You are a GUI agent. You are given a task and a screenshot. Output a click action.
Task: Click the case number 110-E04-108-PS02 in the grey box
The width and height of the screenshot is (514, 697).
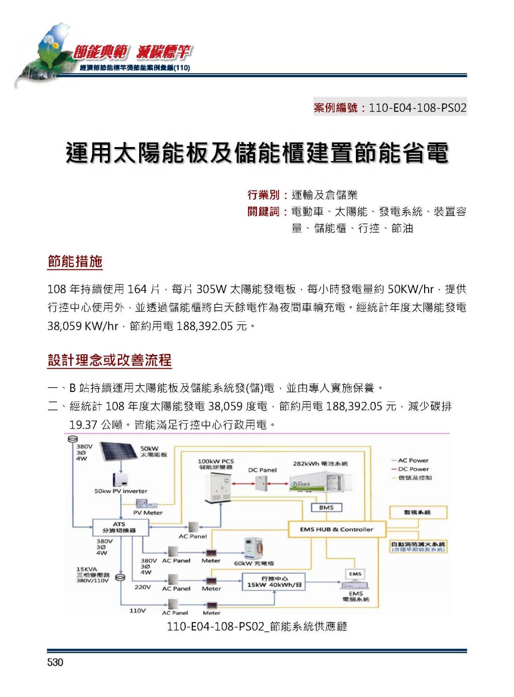pyautogui.click(x=418, y=108)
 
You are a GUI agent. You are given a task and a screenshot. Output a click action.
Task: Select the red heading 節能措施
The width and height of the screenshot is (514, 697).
pyautogui.click(x=75, y=261)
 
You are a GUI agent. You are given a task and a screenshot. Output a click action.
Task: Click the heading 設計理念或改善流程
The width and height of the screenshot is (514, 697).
pyautogui.click(x=109, y=360)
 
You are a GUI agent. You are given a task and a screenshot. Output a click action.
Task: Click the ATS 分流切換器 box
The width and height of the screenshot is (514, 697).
pyautogui.click(x=120, y=527)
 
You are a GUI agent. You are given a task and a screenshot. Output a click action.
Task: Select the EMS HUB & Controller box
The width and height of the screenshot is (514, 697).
pyautogui.click(x=336, y=529)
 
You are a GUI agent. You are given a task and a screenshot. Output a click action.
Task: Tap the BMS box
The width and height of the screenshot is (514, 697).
pyautogui.click(x=326, y=507)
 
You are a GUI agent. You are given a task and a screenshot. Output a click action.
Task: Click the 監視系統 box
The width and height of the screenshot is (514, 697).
pyautogui.click(x=418, y=512)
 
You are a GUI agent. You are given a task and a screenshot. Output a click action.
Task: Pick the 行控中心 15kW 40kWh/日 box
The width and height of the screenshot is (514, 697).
pyautogui.click(x=274, y=582)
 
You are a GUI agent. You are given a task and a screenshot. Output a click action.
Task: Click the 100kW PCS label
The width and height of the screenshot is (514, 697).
pyautogui.click(x=216, y=462)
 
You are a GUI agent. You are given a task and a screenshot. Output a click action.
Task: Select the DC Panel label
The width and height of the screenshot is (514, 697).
pyautogui.click(x=263, y=470)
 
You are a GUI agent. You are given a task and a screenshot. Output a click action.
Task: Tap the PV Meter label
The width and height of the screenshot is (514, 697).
pyautogui.click(x=148, y=513)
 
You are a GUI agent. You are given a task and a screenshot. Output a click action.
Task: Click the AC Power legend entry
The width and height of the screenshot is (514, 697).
pyautogui.click(x=410, y=460)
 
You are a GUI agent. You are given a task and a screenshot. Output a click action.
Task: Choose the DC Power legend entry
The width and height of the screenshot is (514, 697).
pyautogui.click(x=410, y=469)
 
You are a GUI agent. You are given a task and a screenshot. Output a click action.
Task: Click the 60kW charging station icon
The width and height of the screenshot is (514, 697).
pyautogui.click(x=253, y=549)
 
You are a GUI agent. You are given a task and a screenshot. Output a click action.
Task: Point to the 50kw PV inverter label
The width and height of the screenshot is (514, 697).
pyautogui.click(x=121, y=491)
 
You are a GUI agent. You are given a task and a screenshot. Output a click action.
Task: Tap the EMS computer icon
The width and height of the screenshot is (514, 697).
pyautogui.click(x=355, y=579)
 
